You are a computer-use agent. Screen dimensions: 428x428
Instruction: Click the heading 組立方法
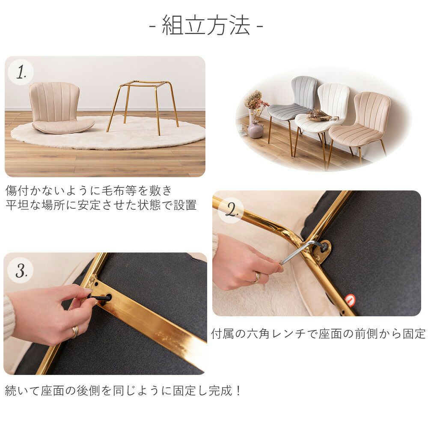[x=206, y=25]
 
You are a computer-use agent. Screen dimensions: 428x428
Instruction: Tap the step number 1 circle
[x=21, y=72]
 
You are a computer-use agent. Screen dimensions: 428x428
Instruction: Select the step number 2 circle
[x=231, y=210]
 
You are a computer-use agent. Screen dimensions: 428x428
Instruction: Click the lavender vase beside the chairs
[x=256, y=129]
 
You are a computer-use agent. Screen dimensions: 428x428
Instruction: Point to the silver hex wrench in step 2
[x=301, y=251]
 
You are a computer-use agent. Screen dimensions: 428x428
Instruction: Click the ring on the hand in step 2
[x=256, y=278]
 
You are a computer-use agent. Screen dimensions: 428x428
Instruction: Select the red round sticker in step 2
[x=350, y=299]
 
